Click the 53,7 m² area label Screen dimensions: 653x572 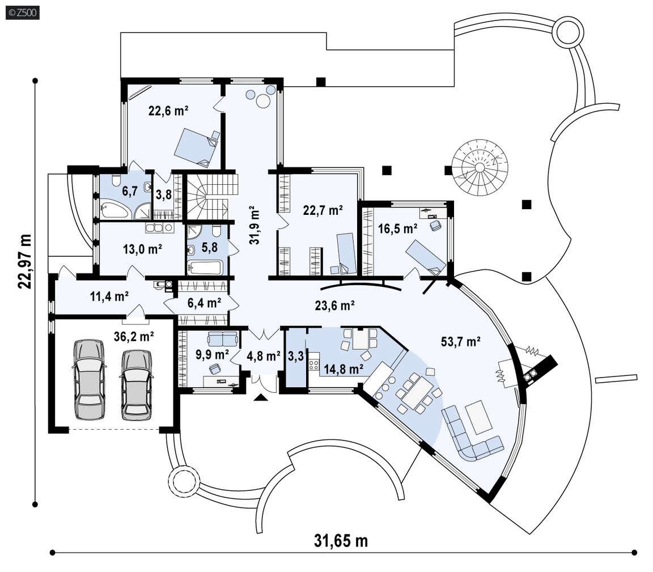point(461,342)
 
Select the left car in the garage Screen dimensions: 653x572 point(88,379)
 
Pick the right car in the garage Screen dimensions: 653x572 point(136,384)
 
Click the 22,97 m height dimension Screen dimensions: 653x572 point(25,261)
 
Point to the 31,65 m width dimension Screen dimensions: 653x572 point(341,541)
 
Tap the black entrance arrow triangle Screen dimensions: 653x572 point(261,397)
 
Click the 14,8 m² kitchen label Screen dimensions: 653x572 point(344,368)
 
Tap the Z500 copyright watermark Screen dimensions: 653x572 point(23,12)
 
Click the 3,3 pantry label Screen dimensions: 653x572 point(296,357)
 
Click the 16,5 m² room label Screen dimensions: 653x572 point(398,228)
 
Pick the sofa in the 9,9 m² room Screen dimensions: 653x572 point(223,339)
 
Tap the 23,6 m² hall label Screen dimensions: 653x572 point(334,306)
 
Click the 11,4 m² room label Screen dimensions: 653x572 point(109,296)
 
